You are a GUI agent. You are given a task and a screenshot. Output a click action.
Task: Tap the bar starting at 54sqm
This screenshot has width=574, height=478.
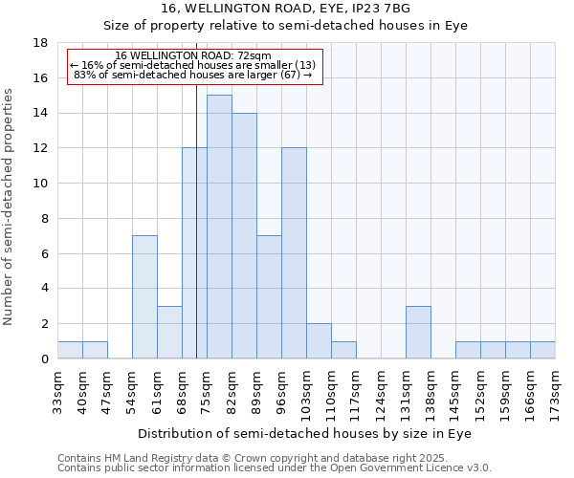144,296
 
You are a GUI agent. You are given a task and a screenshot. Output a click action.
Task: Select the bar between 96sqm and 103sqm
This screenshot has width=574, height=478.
294,253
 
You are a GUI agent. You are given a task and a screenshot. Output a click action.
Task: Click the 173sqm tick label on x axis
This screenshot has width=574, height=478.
556,392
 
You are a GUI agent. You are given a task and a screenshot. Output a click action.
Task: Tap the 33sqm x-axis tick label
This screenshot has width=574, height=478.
58,392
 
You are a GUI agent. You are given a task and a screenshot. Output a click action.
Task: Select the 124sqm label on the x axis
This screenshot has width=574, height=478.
382,392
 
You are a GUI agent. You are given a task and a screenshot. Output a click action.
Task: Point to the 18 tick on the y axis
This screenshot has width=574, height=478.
40,43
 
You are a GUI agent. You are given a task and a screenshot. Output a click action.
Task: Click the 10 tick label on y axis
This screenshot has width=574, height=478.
40,184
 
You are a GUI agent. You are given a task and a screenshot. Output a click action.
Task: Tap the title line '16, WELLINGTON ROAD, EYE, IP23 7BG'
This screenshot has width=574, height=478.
286,9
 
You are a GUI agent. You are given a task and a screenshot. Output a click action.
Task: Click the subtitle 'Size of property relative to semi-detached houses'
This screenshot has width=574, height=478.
286,25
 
